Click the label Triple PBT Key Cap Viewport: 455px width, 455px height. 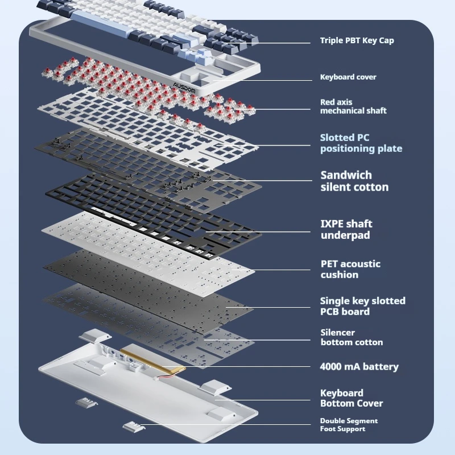[x=357, y=40]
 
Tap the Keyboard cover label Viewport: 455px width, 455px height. [x=348, y=77]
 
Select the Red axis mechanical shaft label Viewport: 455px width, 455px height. [x=353, y=106]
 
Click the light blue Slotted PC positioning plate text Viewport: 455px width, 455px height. [x=361, y=143]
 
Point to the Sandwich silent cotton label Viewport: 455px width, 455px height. [x=354, y=181]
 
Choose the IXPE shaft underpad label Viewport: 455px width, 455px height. [x=346, y=229]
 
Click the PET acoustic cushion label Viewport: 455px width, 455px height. [x=350, y=269]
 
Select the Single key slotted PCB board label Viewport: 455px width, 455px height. [x=362, y=306]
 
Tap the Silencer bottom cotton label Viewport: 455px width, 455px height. [x=351, y=337]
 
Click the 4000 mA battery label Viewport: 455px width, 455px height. [x=359, y=367]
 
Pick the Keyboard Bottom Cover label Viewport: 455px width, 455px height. [x=351, y=398]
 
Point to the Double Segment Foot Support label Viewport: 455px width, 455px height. [x=349, y=425]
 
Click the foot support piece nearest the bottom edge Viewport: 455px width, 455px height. [x=132, y=427]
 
